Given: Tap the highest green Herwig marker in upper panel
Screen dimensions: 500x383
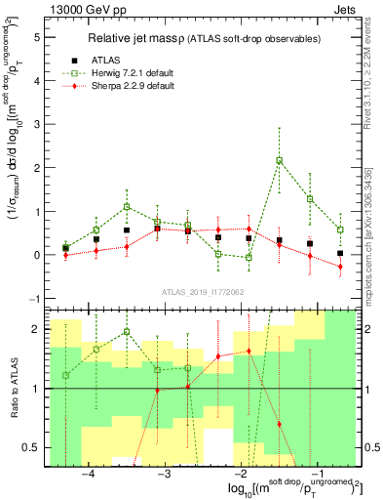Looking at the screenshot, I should click(x=280, y=160).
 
